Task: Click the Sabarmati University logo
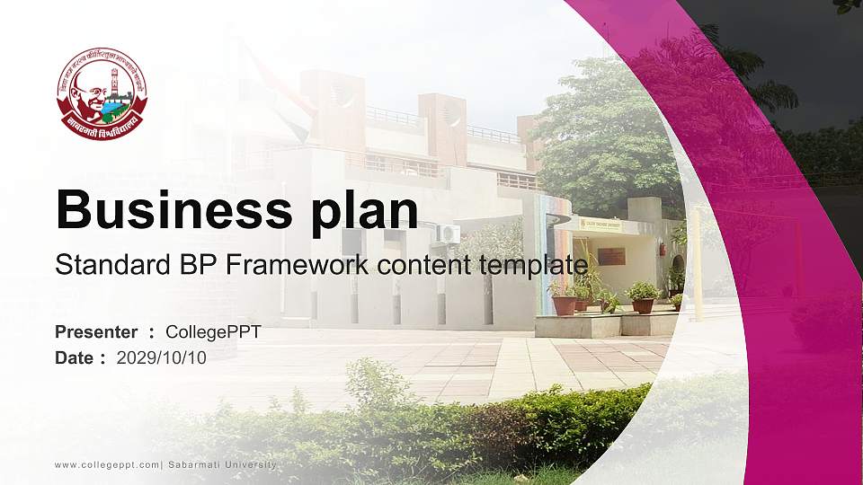[102, 93]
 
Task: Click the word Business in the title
[165, 210]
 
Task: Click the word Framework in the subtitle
[289, 265]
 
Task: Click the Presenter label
[96, 332]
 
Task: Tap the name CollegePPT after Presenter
[214, 332]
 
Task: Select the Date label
[75, 357]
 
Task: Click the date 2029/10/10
[162, 357]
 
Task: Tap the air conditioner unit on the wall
[448, 234]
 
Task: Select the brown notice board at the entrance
[611, 256]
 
